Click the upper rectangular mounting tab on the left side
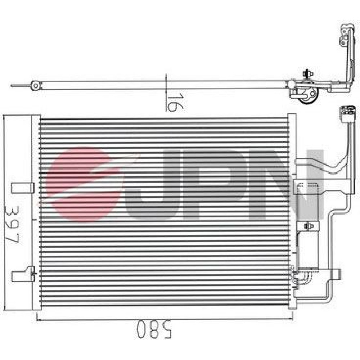click(x=23, y=188)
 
